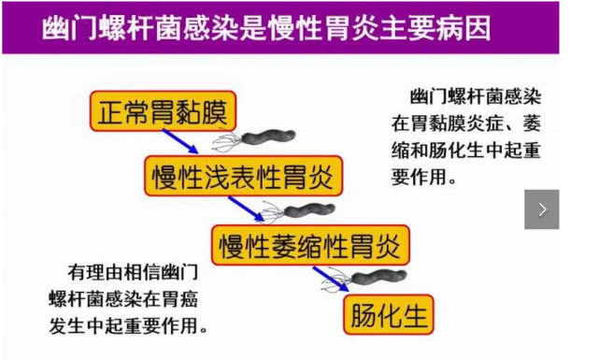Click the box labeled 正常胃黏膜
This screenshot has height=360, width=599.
(x=164, y=111)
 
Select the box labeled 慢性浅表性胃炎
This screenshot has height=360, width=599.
(x=243, y=176)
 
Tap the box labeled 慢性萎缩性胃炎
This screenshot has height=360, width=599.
(x=310, y=245)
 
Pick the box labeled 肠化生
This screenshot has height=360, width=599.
(x=389, y=314)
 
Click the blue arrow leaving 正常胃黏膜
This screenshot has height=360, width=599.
(x=180, y=141)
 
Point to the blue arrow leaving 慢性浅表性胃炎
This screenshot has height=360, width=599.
(x=247, y=209)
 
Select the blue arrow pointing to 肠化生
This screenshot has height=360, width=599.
(x=331, y=279)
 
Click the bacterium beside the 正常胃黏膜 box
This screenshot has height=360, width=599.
(x=254, y=140)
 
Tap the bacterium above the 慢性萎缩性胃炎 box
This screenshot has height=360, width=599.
(x=299, y=211)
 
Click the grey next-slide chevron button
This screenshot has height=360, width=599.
(x=541, y=209)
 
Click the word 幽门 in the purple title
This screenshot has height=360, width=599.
(x=70, y=28)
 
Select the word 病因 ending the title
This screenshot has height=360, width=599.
(x=463, y=28)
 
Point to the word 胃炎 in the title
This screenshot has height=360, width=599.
(x=351, y=28)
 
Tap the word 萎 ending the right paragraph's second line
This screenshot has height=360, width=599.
(x=532, y=123)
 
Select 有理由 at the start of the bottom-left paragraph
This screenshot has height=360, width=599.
(x=95, y=272)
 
